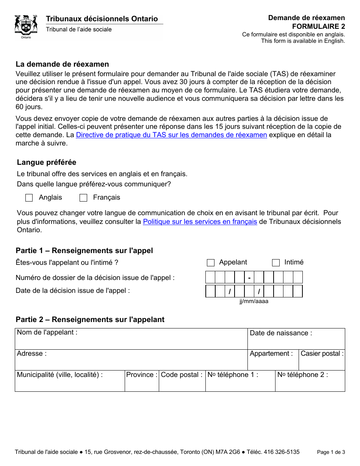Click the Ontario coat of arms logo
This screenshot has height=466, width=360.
pos(26,26)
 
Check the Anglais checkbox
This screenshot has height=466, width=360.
pos(29,198)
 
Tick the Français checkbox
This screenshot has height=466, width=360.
pos(83,198)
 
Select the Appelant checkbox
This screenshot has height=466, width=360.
pos(211,263)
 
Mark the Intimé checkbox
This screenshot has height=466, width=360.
pos(276,263)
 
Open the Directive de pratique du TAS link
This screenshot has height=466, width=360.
pos(171,135)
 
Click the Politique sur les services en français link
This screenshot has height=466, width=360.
pos(200,222)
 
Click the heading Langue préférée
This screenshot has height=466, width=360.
pos(47,163)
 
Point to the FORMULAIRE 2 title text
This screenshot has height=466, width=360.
pos(318,26)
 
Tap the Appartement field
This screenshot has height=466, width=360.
pos(273,361)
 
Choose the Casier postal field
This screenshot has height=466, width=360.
pos(322,361)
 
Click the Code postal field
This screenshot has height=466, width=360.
pos(182,383)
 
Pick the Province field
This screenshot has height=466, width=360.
pos(142,383)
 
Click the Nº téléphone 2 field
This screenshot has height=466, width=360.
pos(310,383)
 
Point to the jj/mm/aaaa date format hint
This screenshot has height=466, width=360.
pos(254,301)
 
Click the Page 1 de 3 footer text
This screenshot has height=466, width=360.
pos(331,452)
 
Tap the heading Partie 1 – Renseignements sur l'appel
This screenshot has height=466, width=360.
pos(84,251)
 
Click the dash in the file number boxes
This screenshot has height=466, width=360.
pos(249,278)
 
